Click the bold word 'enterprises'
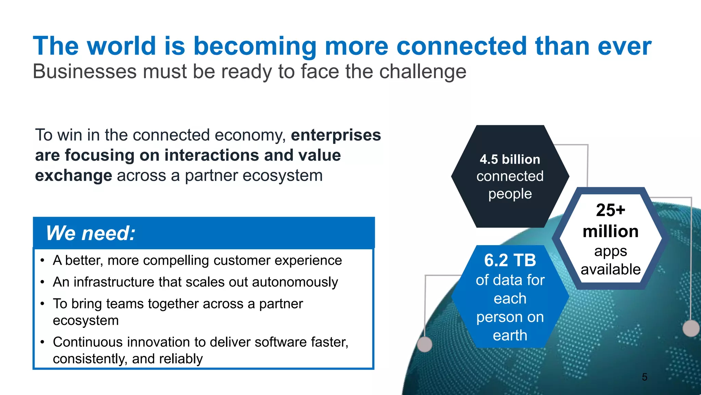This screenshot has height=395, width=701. pyautogui.click(x=336, y=135)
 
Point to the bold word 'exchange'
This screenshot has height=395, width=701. pyautogui.click(x=74, y=176)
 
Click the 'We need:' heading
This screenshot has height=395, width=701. pyautogui.click(x=91, y=233)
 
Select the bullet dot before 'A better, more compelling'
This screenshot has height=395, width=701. pyautogui.click(x=42, y=261)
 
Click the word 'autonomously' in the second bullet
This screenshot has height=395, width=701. pyautogui.click(x=295, y=282)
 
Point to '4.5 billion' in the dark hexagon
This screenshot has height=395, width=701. pyautogui.click(x=510, y=159)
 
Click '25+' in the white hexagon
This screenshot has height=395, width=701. pyautogui.click(x=610, y=210)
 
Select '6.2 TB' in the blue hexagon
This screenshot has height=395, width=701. pyautogui.click(x=510, y=260)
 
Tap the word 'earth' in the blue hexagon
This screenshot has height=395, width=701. pyautogui.click(x=510, y=335)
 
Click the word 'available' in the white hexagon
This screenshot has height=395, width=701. pyautogui.click(x=611, y=270)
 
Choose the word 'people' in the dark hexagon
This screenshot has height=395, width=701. pyautogui.click(x=510, y=194)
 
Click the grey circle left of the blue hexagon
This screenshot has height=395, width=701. pyautogui.click(x=425, y=344)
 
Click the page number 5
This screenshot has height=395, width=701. pyautogui.click(x=645, y=377)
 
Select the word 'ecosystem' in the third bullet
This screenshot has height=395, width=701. pyautogui.click(x=86, y=321)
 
